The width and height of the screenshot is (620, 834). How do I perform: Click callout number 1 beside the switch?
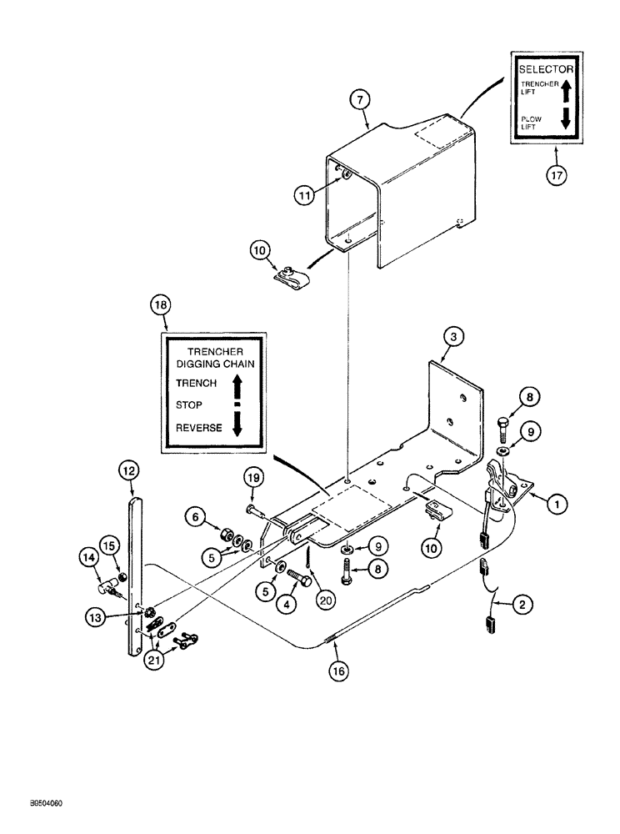(x=554, y=503)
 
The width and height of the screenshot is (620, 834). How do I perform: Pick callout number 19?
(x=255, y=478)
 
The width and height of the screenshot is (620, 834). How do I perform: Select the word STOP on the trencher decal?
(x=189, y=404)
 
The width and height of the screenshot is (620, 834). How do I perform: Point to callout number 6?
(x=197, y=518)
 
